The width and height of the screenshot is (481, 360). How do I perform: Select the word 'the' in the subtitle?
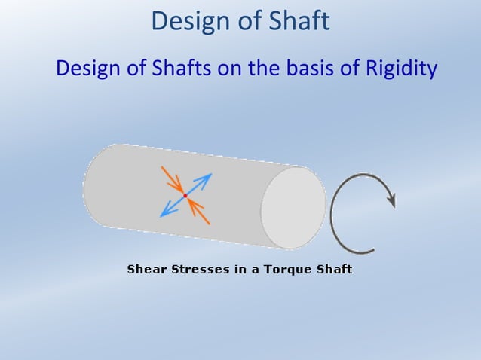pyautogui.click(x=260, y=69)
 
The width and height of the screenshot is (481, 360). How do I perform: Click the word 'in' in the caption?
pyautogui.click(x=240, y=269)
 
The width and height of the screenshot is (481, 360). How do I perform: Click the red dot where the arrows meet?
pyautogui.click(x=185, y=196)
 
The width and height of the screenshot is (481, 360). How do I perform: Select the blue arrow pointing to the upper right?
pyautogui.click(x=201, y=182)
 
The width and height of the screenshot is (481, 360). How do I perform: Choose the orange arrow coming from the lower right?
pyautogui.click(x=198, y=209)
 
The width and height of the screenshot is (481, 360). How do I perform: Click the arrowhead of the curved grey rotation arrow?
pyautogui.click(x=390, y=200)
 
